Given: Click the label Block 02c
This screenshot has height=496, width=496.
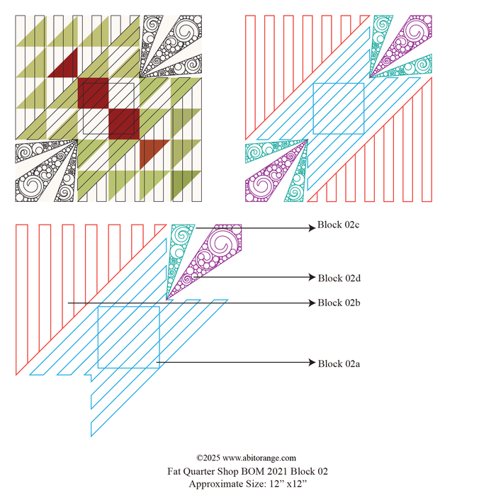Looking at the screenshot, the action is [338, 225].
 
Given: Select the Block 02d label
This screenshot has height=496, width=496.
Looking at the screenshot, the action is [339, 278].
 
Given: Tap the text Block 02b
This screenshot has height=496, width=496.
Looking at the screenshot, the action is [339, 303].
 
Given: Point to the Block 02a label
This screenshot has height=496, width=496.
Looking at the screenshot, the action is [339, 363].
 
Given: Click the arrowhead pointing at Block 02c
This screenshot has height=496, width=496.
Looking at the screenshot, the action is [312, 227].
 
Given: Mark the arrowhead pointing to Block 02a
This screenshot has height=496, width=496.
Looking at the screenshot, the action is [312, 362].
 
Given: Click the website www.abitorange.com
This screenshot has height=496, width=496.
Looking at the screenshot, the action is [259, 458].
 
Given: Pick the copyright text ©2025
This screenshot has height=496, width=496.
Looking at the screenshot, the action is [208, 458].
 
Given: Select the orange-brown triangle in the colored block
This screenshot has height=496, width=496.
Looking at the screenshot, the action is [150, 152].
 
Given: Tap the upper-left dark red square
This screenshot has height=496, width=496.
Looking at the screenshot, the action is [94, 93].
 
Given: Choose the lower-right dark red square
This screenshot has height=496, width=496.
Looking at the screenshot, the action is [124, 124].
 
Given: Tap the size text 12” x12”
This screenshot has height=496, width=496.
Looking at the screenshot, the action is [288, 484].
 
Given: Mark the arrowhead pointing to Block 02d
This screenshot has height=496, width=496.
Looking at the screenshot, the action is [312, 277].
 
